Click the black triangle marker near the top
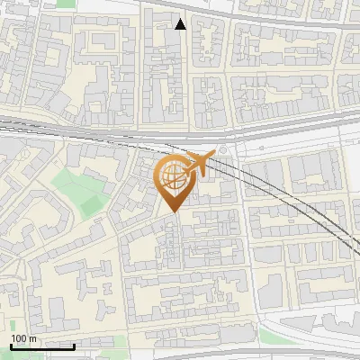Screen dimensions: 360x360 [181, 23]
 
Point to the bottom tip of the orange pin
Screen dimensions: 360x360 [173, 212]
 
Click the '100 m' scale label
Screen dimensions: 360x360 [23, 338]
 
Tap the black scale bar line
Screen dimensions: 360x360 [42, 346]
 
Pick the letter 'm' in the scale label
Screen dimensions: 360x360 [32, 338]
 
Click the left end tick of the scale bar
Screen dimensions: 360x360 [11, 344]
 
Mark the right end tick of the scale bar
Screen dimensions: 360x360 [74, 344]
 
